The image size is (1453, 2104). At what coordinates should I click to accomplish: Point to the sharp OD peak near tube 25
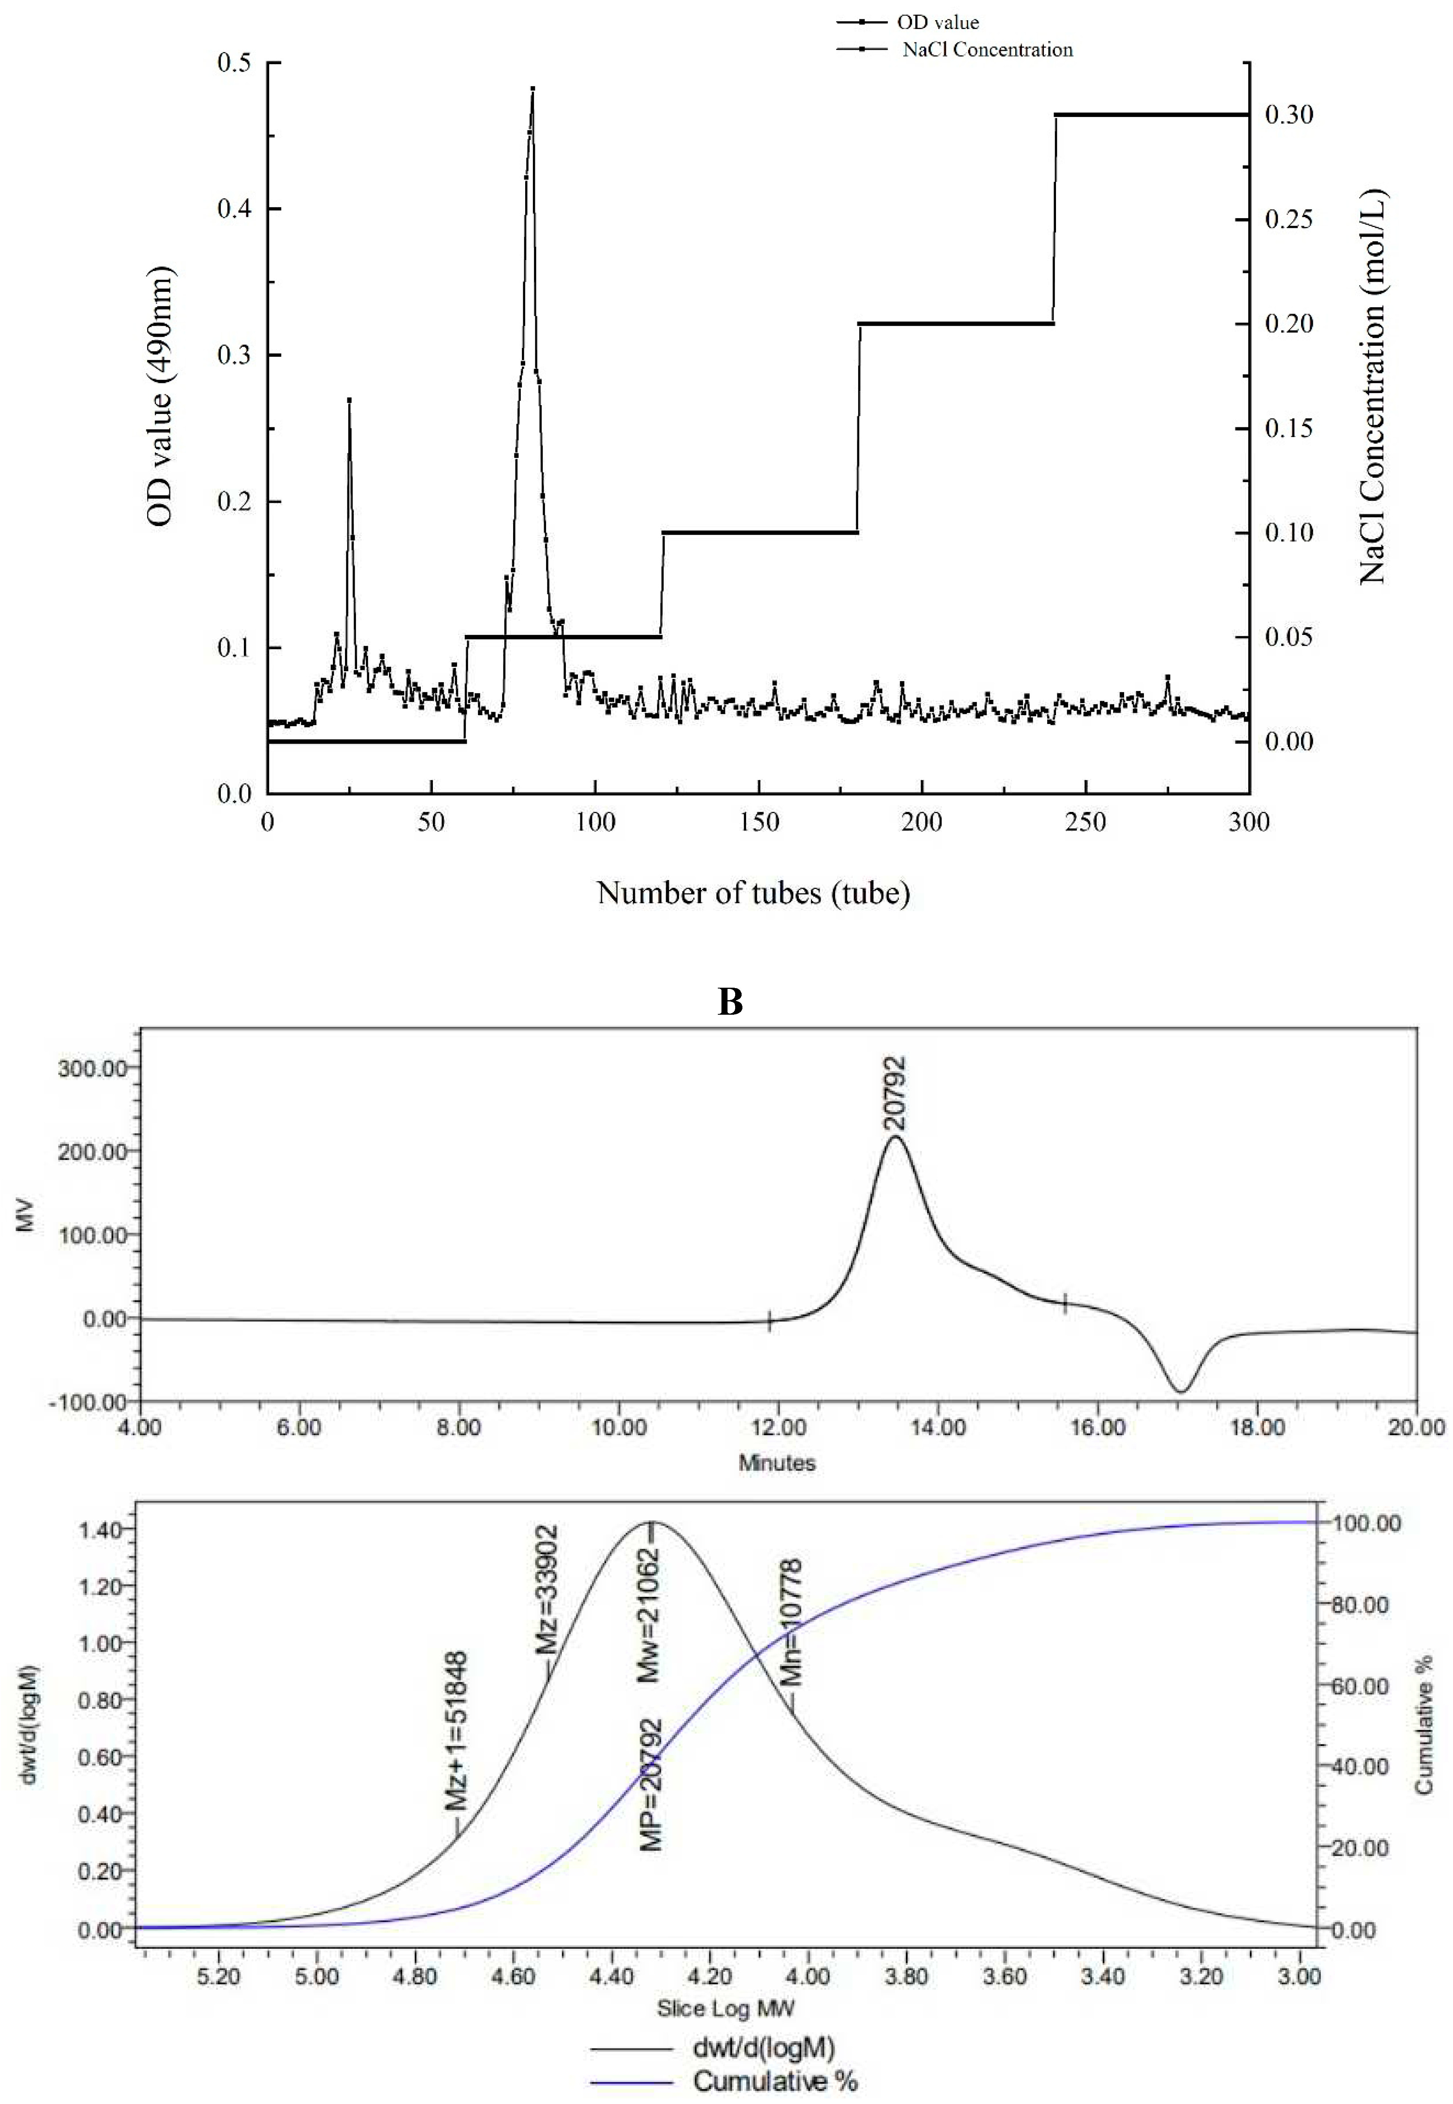[x=349, y=400]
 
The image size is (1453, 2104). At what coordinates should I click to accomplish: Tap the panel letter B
[x=730, y=1001]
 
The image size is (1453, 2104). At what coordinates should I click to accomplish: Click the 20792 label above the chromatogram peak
[x=895, y=1093]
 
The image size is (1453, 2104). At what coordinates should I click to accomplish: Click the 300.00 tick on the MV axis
[x=92, y=1068]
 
